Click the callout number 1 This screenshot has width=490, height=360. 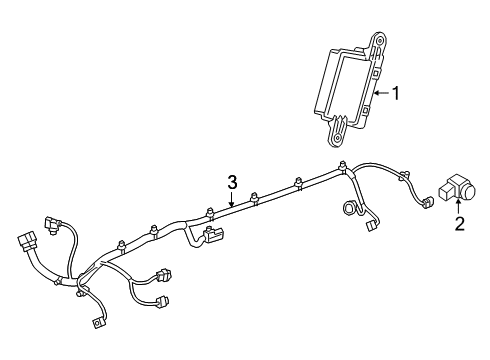396,95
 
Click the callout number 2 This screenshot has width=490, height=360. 460,224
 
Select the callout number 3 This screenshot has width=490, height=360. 231,181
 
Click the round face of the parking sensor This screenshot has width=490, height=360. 466,187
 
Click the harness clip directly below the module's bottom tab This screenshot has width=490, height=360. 343,168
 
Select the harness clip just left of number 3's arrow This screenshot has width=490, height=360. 209,212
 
